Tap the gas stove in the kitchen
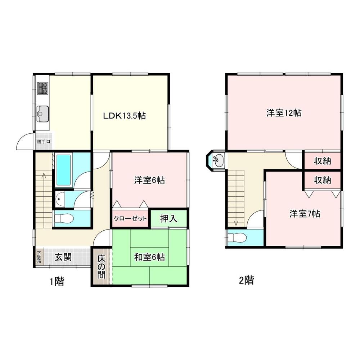point(43,88)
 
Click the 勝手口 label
point(44,142)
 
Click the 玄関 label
point(63,257)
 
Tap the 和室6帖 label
point(149,257)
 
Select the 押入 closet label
point(168,218)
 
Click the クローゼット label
point(130,219)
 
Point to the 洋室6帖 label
point(149,181)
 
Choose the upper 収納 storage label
point(321,161)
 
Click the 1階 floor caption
point(57,281)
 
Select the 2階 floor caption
point(246,280)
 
